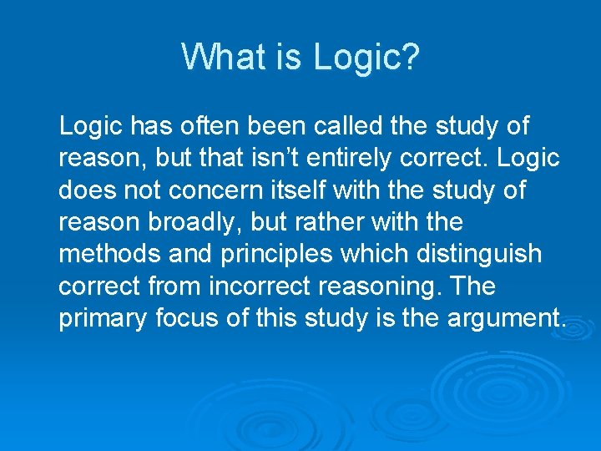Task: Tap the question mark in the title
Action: [411, 57]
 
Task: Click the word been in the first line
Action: [276, 126]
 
